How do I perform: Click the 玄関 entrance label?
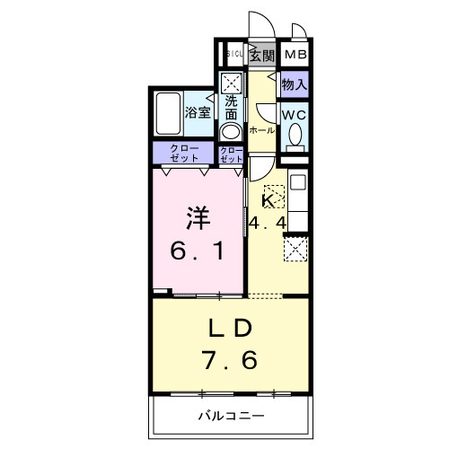[x=261, y=56]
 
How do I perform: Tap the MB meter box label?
[x=295, y=56]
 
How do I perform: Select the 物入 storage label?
[x=294, y=85]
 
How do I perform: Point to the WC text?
[x=294, y=115]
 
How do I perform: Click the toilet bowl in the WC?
[x=295, y=136]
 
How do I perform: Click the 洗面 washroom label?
[x=231, y=108]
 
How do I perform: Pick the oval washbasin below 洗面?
[x=231, y=131]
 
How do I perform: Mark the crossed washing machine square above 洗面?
[x=231, y=82]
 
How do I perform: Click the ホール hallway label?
[x=261, y=130]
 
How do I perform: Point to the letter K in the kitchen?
[x=267, y=200]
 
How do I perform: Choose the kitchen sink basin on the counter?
[x=298, y=189]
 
